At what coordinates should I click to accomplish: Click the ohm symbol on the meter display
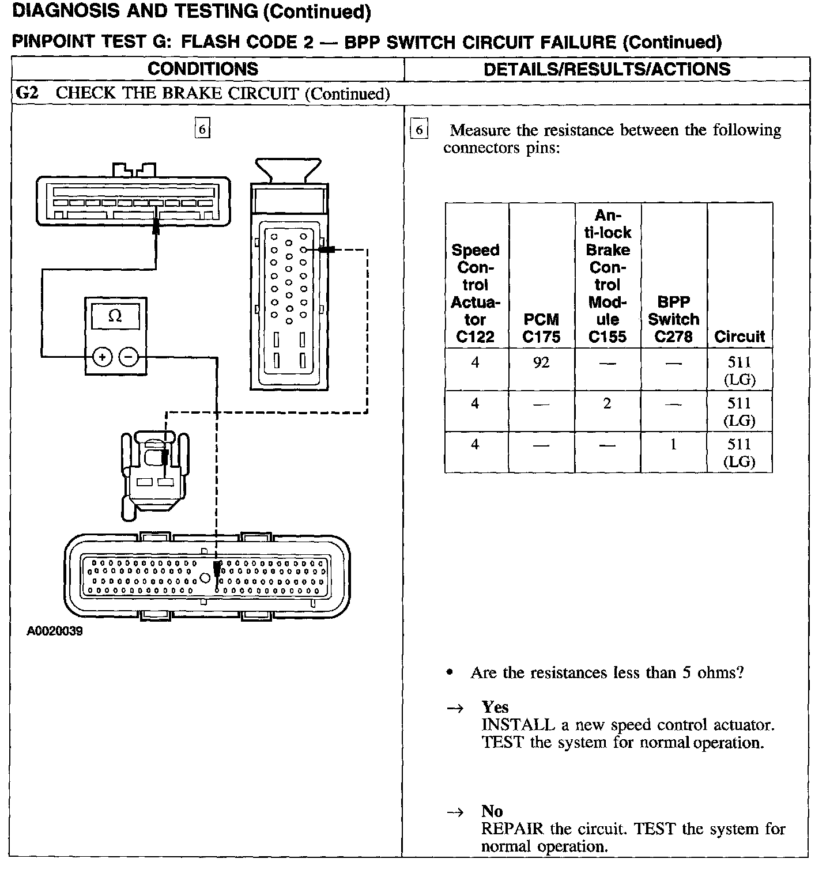pyautogui.click(x=115, y=316)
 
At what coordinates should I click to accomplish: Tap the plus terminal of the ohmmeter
pyautogui.click(x=102, y=357)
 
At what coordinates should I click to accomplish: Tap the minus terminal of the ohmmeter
pyautogui.click(x=129, y=357)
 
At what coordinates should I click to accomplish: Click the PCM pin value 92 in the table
pyautogui.click(x=541, y=362)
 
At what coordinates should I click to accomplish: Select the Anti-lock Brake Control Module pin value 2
pyautogui.click(x=607, y=403)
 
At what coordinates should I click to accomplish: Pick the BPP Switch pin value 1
pyautogui.click(x=673, y=444)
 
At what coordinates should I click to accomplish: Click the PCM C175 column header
pyautogui.click(x=541, y=328)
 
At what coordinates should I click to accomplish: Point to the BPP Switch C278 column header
pyautogui.click(x=673, y=319)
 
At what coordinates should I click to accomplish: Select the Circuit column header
pyautogui.click(x=740, y=336)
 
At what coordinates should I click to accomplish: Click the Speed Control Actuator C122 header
pyautogui.click(x=476, y=293)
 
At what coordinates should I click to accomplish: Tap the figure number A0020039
pyautogui.click(x=55, y=631)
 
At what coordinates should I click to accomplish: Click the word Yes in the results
pyautogui.click(x=495, y=707)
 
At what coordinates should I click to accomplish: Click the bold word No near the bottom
pyautogui.click(x=492, y=811)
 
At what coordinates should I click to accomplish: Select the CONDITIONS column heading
pyautogui.click(x=203, y=69)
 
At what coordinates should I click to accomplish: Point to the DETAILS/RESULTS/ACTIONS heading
pyautogui.click(x=606, y=69)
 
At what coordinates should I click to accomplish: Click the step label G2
pyautogui.click(x=27, y=93)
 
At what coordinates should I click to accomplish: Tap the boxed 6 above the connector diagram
pyautogui.click(x=202, y=128)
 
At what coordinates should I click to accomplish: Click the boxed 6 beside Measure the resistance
pyautogui.click(x=419, y=130)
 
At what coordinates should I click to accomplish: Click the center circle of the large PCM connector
pyautogui.click(x=205, y=578)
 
